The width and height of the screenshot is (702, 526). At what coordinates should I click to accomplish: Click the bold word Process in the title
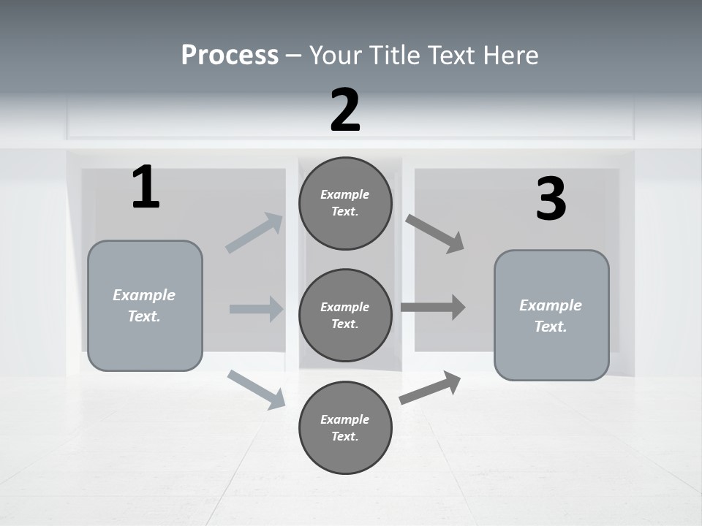tap(230, 55)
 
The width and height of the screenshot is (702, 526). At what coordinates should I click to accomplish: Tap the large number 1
tap(146, 188)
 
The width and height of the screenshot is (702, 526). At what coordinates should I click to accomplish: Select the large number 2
tap(345, 110)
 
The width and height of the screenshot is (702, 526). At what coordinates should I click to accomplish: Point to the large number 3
tap(551, 199)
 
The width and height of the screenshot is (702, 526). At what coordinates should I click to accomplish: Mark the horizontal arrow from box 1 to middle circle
tap(256, 309)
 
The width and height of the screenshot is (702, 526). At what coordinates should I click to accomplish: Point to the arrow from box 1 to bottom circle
tap(256, 389)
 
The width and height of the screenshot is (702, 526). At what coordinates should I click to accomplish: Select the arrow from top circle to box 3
tap(434, 233)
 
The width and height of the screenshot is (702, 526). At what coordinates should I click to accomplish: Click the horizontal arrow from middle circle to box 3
tap(432, 307)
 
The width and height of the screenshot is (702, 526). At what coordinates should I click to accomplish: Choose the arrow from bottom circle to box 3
tap(430, 388)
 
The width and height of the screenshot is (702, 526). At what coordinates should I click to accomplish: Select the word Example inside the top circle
tap(345, 194)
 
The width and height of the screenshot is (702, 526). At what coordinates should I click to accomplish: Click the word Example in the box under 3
tap(551, 305)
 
